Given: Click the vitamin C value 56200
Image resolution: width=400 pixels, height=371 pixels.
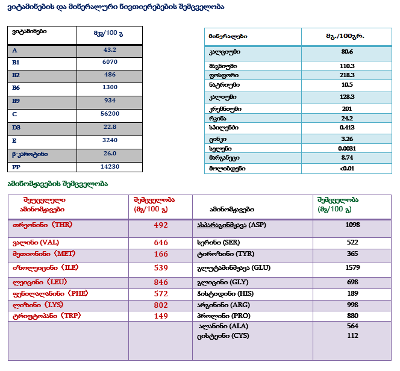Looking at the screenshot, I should click(x=110, y=114).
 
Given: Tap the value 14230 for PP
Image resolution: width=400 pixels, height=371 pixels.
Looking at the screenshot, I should click(x=110, y=167).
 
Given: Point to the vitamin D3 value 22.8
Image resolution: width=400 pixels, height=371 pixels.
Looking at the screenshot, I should click(x=110, y=127).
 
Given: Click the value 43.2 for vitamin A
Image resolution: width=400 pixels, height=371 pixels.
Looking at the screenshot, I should click(x=110, y=50).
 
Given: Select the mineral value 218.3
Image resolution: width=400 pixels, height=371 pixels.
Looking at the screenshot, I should click(x=347, y=75).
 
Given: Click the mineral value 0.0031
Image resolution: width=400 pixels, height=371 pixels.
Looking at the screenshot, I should click(x=347, y=148).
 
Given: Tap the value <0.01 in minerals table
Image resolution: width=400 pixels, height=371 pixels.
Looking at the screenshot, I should click(x=347, y=169).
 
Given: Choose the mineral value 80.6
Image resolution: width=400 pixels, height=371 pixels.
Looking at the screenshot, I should click(x=347, y=52).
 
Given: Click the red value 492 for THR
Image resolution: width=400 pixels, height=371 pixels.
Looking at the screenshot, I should click(x=161, y=225).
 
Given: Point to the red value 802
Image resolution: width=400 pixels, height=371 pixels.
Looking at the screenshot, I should click(x=161, y=305).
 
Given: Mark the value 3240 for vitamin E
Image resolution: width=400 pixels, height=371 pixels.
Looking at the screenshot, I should click(x=110, y=140).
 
